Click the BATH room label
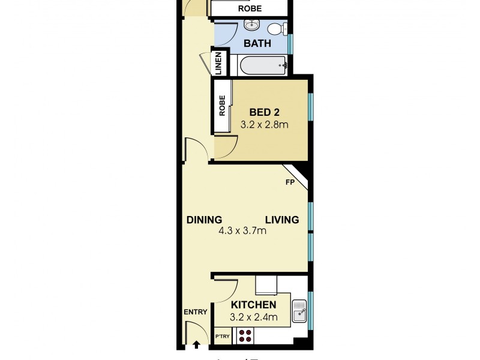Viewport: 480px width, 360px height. [257, 43]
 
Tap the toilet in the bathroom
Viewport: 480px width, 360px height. [277, 28]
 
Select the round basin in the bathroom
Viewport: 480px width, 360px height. [251, 26]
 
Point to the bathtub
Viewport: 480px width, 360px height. [263, 65]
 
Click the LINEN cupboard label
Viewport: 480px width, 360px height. [218, 62]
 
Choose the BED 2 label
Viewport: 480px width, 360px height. [265, 112]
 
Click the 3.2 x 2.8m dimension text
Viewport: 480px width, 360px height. [265, 125]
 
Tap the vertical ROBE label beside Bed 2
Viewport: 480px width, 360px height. [222, 106]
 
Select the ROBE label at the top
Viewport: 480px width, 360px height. [250, 9]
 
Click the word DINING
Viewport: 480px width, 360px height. [204, 220]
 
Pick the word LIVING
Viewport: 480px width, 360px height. [282, 220]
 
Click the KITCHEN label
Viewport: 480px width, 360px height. [253, 305]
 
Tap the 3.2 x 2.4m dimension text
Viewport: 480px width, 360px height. [253, 317]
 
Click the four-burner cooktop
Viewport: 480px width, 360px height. [245, 335]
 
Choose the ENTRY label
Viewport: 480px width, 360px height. [195, 311]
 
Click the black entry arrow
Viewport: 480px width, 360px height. [196, 345]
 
